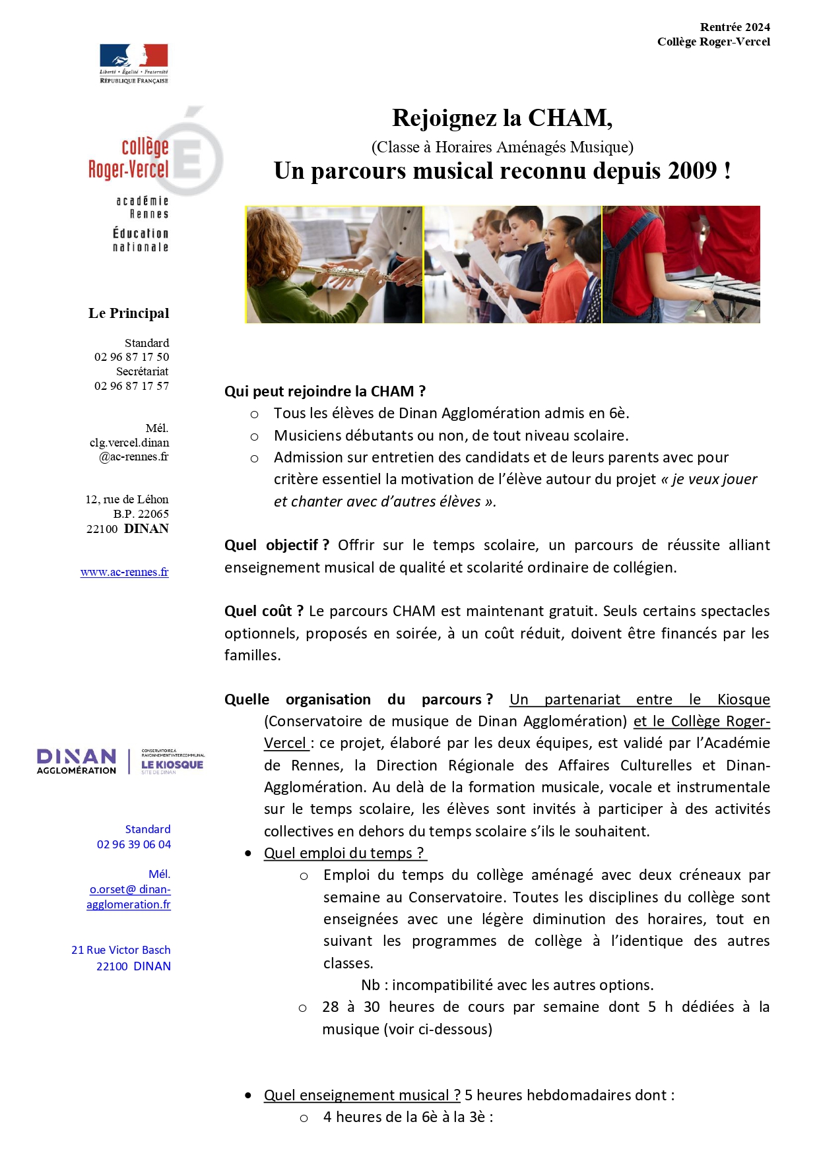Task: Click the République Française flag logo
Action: click(134, 63)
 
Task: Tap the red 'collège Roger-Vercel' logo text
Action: click(129, 158)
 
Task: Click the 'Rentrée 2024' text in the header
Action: click(735, 27)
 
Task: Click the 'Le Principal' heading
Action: click(129, 313)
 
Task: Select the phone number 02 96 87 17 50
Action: click(131, 357)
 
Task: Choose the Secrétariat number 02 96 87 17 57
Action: click(131, 386)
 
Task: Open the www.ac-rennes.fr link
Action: click(124, 572)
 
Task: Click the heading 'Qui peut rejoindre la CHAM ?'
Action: click(325, 391)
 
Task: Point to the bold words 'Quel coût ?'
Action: click(263, 611)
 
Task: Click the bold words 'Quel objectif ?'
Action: click(277, 545)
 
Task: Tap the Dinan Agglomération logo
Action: click(77, 761)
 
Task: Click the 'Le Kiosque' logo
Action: click(172, 763)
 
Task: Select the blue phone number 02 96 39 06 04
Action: click(134, 844)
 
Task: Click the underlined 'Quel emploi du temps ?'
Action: click(345, 853)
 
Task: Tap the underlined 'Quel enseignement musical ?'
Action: click(362, 1095)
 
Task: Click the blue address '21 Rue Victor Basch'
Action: click(121, 950)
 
